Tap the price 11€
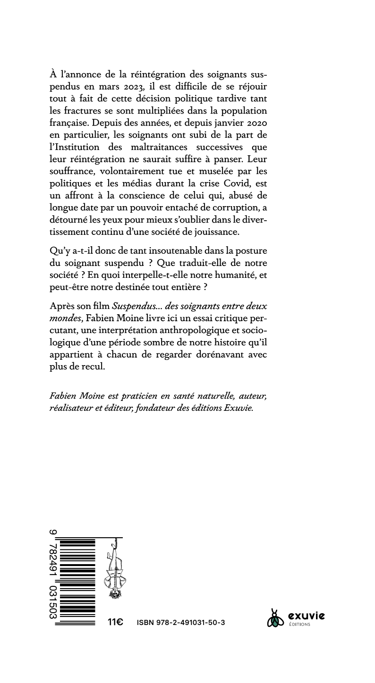[115, 622]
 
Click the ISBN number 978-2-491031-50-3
[181, 623]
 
